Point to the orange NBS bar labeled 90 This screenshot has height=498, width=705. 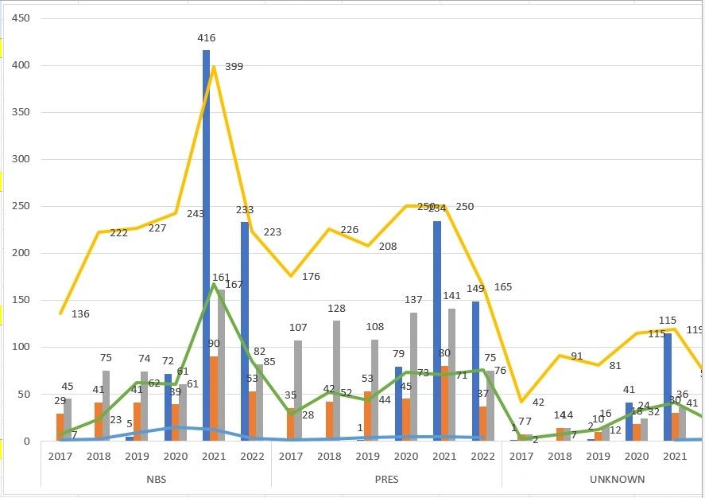[x=215, y=399]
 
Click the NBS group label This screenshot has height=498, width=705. [x=156, y=480]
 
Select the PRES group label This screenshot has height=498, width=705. [x=386, y=480]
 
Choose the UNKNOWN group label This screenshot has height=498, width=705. [x=618, y=480]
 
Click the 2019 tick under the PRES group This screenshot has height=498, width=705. [x=368, y=457]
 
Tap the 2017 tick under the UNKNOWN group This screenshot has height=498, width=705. [x=521, y=457]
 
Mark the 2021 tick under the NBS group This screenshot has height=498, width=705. [x=214, y=457]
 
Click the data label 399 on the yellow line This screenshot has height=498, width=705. [x=234, y=67]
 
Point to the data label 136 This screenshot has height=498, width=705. [x=80, y=314]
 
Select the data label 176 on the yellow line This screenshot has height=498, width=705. [x=311, y=277]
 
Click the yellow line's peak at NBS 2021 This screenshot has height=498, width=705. [x=214, y=67]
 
